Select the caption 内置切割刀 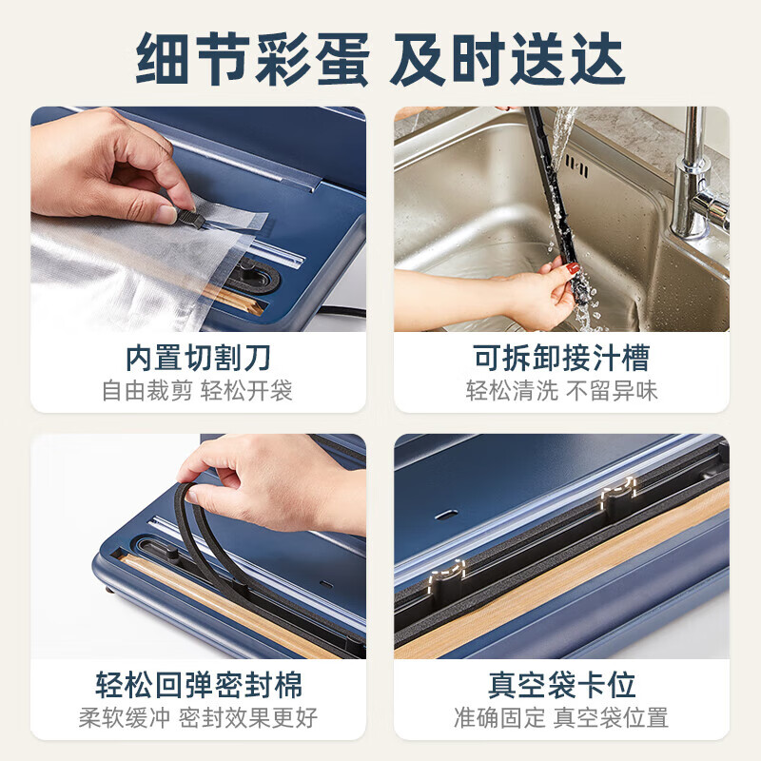(198, 358)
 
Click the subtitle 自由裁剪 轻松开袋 (198, 391)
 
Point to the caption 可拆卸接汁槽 (561, 358)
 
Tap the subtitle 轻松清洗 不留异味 (561, 391)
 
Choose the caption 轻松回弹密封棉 (198, 685)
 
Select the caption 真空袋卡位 (561, 685)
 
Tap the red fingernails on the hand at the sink (575, 269)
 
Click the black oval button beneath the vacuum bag (255, 277)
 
